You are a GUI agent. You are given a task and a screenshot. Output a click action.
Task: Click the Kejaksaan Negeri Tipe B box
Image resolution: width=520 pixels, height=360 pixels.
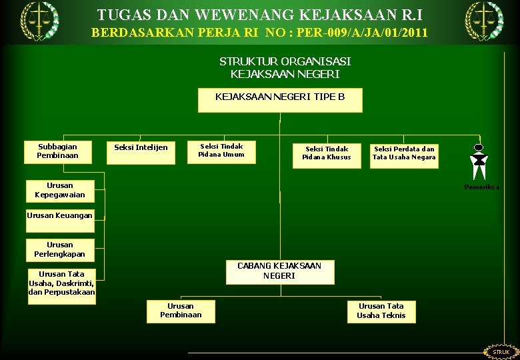[x=280, y=100]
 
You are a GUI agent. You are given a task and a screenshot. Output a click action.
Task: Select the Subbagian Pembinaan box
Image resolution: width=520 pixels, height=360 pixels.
[x=58, y=151]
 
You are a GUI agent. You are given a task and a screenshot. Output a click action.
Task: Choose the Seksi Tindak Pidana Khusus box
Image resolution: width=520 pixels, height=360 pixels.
[x=326, y=155]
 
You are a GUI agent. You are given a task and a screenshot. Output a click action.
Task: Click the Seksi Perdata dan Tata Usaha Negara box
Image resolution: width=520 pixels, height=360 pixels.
[x=404, y=155]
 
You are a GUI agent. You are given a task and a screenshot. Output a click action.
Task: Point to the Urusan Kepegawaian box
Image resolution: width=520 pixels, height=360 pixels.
[x=60, y=191]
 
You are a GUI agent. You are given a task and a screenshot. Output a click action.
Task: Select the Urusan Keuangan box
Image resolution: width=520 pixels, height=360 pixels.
[x=60, y=215]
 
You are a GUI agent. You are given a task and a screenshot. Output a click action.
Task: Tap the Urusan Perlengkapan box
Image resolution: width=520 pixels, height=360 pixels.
[x=60, y=249]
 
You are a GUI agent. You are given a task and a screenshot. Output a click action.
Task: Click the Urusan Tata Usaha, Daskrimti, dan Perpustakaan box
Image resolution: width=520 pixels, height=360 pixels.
[x=62, y=284]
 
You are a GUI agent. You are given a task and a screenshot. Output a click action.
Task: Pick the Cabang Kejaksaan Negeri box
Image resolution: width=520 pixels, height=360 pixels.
[x=279, y=271]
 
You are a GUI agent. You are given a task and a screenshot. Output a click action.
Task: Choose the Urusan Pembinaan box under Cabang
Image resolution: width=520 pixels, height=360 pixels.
[x=181, y=311]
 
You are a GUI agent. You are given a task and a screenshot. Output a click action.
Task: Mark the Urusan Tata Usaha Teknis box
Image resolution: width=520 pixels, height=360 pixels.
[x=381, y=311]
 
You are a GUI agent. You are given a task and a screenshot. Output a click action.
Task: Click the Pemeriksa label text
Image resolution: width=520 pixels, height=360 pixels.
[x=481, y=187]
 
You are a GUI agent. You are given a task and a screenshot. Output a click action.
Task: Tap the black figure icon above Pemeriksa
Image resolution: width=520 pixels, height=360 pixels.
[x=478, y=162]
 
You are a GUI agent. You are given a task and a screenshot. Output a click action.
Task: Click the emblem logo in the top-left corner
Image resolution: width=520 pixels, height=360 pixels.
[x=39, y=20]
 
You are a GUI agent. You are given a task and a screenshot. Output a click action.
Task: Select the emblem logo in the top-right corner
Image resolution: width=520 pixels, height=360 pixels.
[x=484, y=20]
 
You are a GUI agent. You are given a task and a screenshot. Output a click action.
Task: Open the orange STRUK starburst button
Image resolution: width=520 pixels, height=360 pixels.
[x=501, y=351]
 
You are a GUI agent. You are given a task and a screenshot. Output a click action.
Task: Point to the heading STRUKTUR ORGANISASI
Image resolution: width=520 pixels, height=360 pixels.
[x=285, y=61]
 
